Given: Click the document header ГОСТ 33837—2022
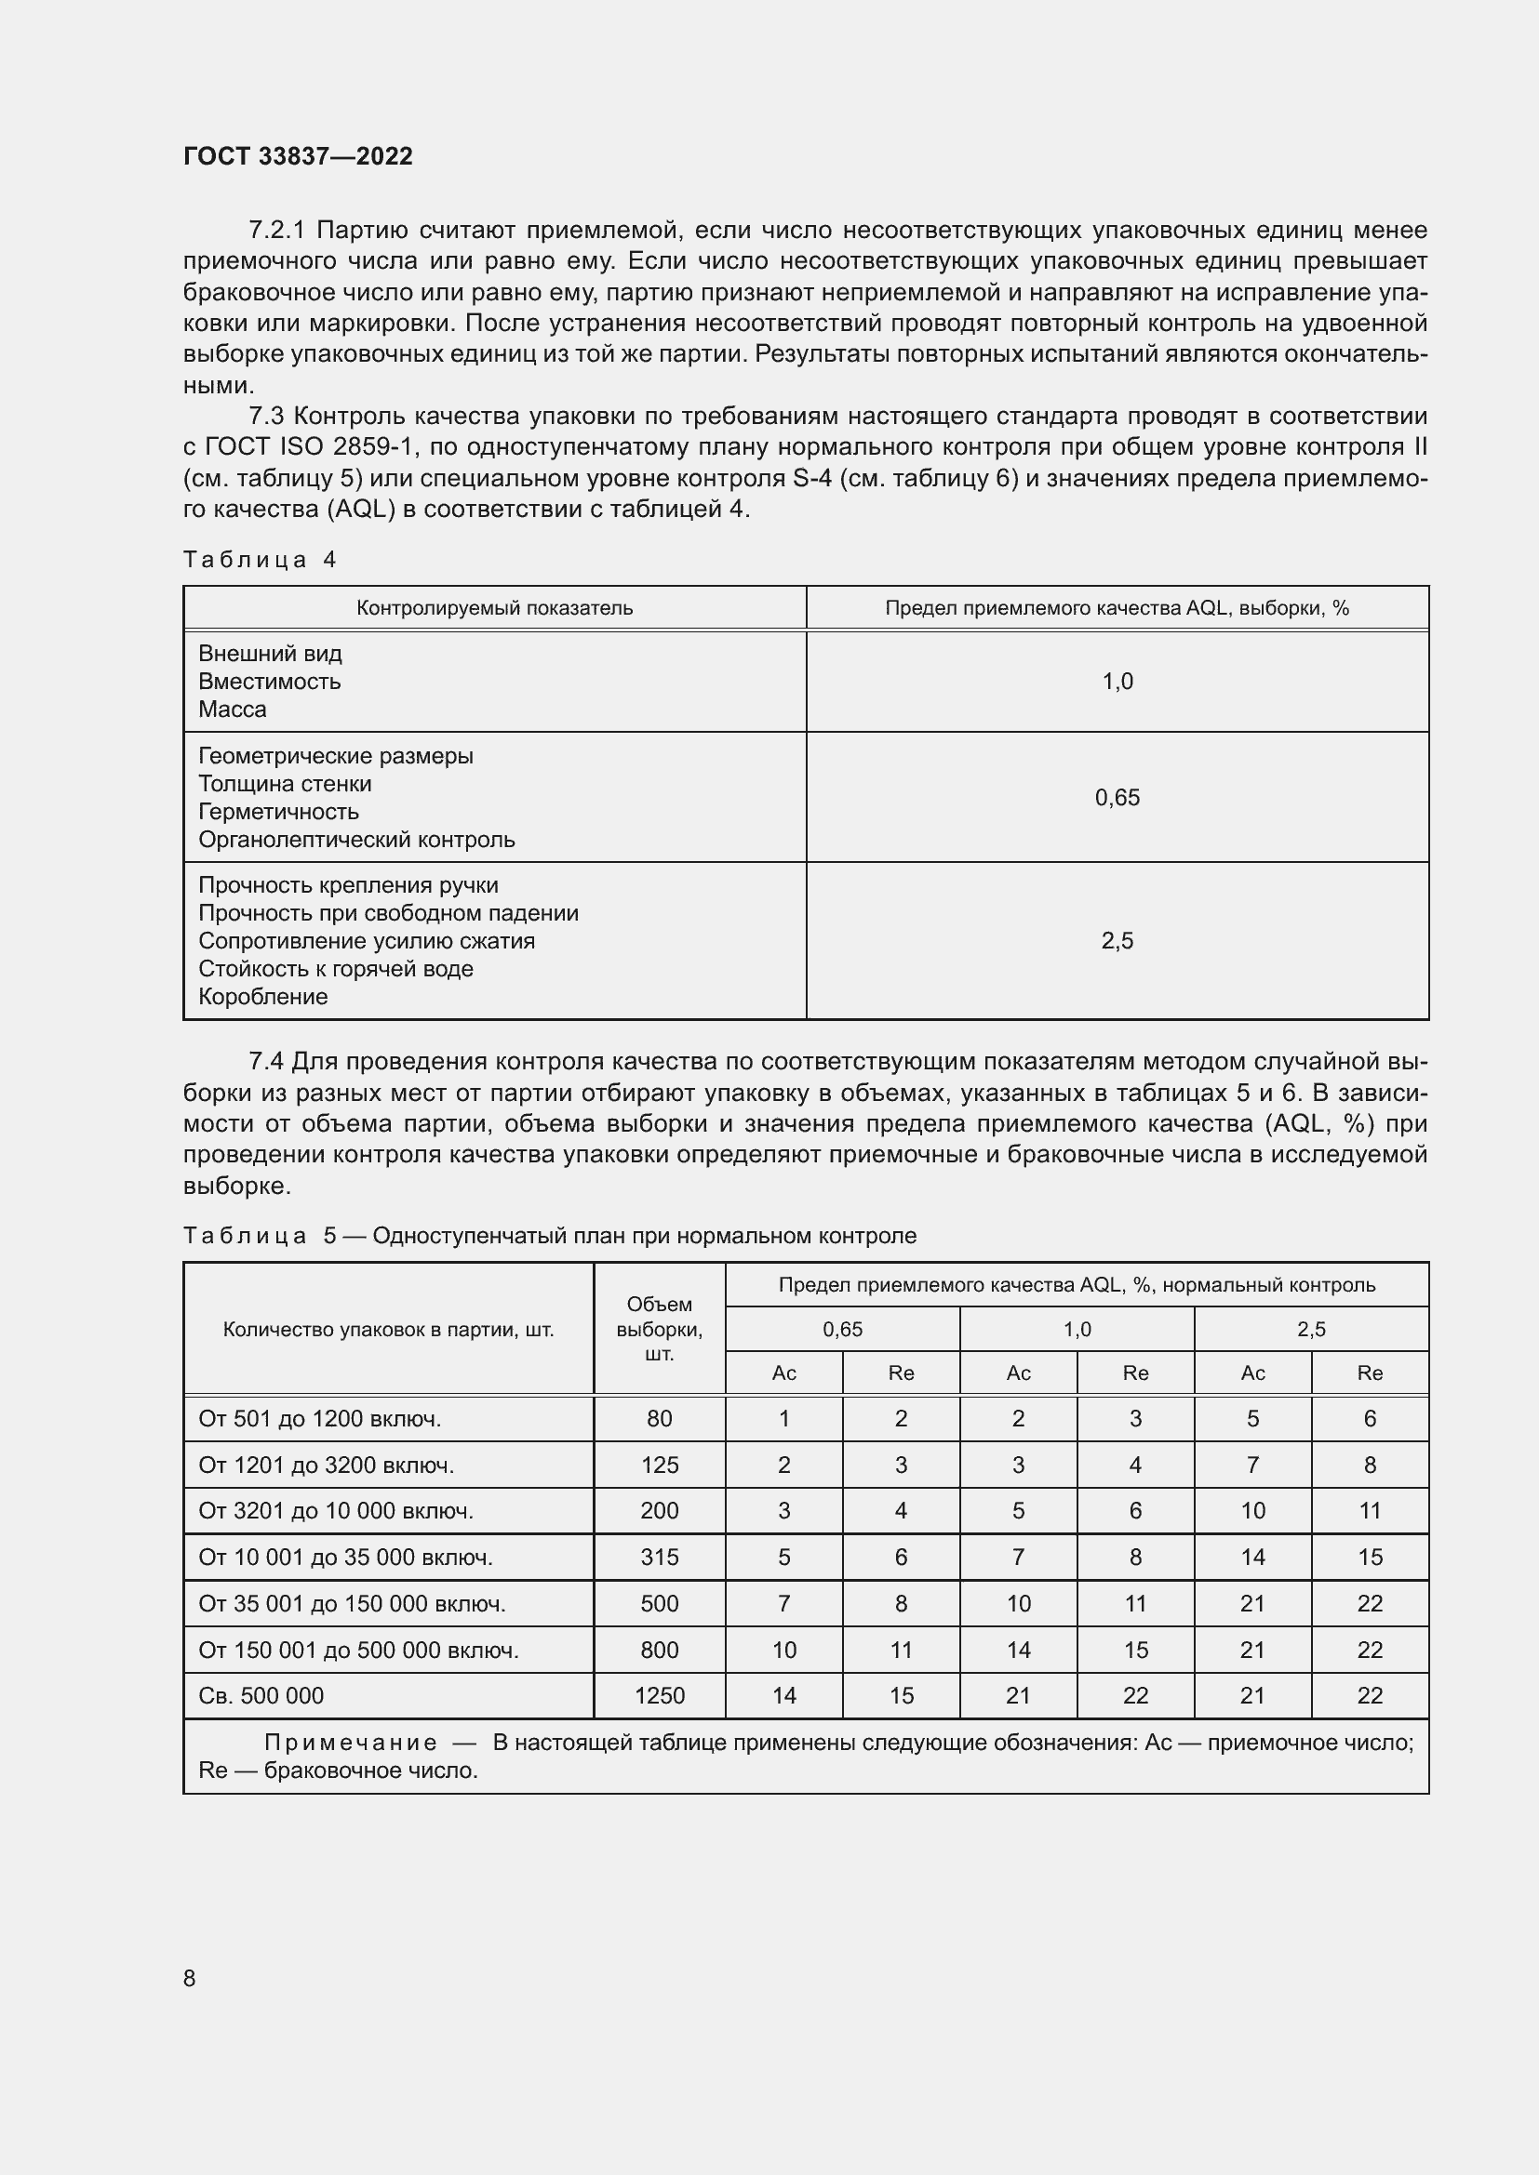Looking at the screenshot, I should pos(298,156).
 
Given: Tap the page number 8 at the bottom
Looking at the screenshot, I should pos(190,1978).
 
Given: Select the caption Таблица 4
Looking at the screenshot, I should pos(260,560).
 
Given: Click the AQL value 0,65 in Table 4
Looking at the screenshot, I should pos(1117,798).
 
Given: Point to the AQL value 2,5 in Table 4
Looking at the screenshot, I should pos(1117,941).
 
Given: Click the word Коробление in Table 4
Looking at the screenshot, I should pos(263,997).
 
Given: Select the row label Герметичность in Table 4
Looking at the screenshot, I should pos(278,812).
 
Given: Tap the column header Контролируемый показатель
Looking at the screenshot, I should pos(495,608).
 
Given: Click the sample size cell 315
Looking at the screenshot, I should pos(660,1558).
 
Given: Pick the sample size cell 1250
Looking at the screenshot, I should pos(660,1696).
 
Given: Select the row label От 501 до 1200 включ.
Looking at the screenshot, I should pos(320,1419).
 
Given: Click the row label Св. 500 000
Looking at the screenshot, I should pos(261,1696).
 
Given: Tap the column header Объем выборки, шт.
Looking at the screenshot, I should pos(660,1329).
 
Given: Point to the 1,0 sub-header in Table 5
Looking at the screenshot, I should pos(1077,1329).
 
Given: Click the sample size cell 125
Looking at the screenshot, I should pos(660,1465).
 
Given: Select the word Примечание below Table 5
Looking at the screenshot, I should pos(351,1743).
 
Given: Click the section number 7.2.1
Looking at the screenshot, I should pos(276,231).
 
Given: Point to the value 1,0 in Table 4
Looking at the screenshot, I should pos(1117,681).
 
